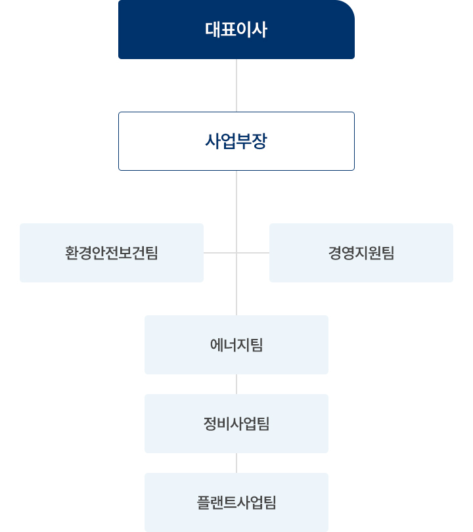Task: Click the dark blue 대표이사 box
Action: [236, 30]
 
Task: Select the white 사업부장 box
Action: [236, 141]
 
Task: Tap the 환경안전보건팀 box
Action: [112, 253]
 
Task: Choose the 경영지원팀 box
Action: [361, 253]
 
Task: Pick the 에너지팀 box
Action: [236, 345]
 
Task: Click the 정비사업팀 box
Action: [236, 424]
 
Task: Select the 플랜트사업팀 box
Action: [236, 502]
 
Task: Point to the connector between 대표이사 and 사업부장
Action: [236, 85]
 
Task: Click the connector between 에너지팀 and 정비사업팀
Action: [236, 384]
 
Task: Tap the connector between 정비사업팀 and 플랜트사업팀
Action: [236, 463]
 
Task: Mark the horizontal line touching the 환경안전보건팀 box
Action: [220, 253]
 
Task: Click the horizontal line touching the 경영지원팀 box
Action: [253, 253]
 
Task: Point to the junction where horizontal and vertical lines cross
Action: [236, 253]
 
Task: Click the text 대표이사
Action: [236, 30]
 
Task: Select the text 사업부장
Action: [236, 141]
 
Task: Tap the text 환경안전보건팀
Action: [112, 253]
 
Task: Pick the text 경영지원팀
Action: [361, 253]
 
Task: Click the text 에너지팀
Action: [236, 345]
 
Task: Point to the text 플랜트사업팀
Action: [236, 502]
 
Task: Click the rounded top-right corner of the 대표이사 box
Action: [350, 5]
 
